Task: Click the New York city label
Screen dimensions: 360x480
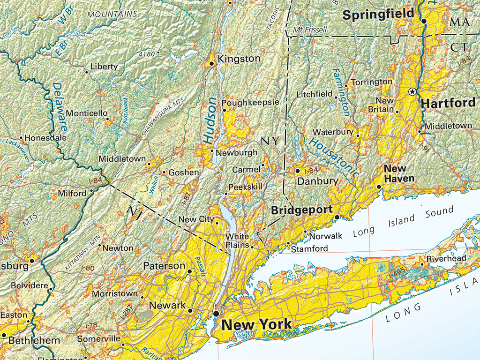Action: click(x=256, y=324)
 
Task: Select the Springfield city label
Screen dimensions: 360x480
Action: click(x=378, y=15)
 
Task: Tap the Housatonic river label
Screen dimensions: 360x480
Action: click(x=334, y=157)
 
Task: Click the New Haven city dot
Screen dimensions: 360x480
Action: click(x=379, y=187)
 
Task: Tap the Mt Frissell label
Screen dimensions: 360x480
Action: click(x=310, y=30)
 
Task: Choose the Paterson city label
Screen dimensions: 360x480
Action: click(x=164, y=266)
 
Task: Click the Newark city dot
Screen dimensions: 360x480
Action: click(x=190, y=310)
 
